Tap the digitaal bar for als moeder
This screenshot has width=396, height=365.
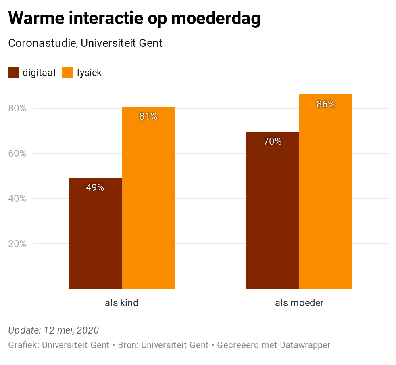tap(273, 210)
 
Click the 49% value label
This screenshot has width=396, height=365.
tap(95, 187)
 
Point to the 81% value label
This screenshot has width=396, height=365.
tap(148, 117)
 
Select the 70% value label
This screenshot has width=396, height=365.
tap(273, 141)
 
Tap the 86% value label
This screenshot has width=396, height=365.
tap(326, 104)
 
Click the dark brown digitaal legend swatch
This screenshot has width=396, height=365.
tap(14, 73)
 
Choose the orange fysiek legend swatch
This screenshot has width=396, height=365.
tap(68, 73)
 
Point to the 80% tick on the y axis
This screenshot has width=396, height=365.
tap(17, 108)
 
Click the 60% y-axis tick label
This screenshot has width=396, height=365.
tap(17, 153)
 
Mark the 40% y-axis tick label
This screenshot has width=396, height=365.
tap(17, 199)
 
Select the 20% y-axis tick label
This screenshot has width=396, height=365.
tap(17, 244)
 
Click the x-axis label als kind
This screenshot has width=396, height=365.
tap(122, 303)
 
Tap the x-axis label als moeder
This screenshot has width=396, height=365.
tap(299, 303)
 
